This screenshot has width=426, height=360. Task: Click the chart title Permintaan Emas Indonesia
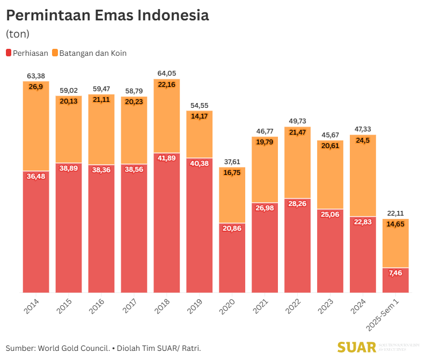107,15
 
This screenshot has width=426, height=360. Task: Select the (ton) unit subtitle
18,34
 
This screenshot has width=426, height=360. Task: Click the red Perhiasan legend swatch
9,53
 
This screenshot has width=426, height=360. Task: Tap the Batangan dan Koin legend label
92,53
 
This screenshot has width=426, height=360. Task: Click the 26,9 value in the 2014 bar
36,87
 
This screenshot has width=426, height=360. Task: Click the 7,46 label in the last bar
395,273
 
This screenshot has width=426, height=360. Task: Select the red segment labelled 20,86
232,258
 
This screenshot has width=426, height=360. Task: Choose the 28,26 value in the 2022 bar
298,204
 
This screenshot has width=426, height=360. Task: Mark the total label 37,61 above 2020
232,161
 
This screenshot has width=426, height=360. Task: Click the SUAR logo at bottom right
357,348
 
